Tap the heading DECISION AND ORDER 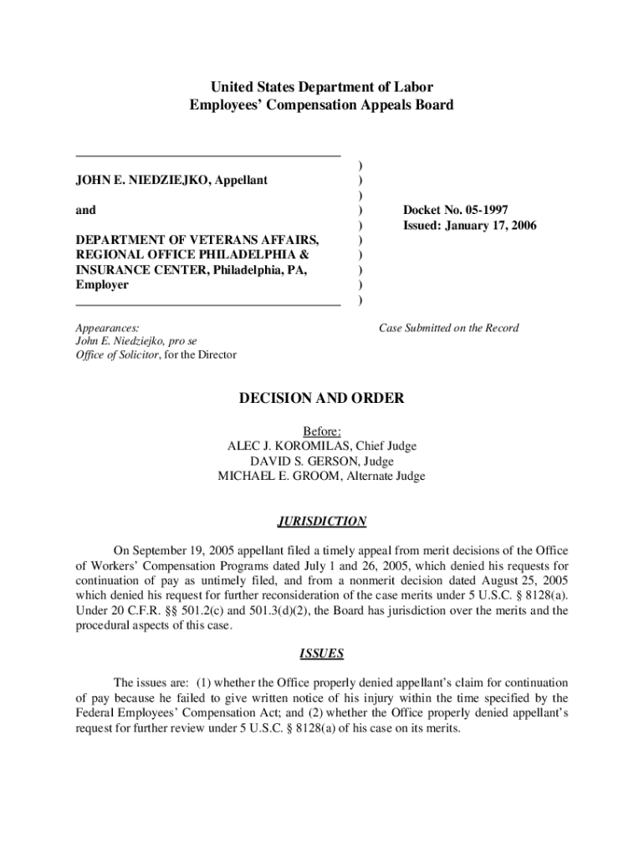click(322, 399)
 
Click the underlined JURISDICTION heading click(322, 522)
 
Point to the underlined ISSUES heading click(322, 654)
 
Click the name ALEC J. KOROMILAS click(285, 446)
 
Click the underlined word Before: click(322, 431)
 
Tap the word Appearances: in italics click(107, 328)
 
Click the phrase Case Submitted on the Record click(448, 328)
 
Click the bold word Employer click(102, 285)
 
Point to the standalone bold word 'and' click(86, 211)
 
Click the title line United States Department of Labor click(322, 87)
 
